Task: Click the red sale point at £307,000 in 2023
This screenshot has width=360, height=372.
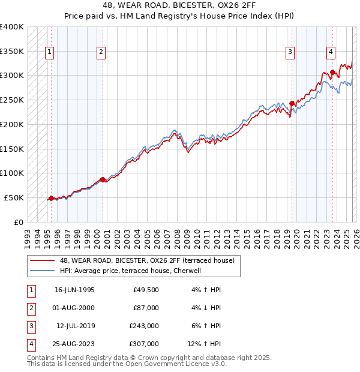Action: [332, 72]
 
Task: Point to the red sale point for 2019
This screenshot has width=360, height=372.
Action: [292, 103]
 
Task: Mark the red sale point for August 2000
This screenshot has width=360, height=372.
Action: [103, 179]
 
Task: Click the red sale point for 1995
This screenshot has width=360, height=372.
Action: [51, 197]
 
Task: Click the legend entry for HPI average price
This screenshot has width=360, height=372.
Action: [133, 271]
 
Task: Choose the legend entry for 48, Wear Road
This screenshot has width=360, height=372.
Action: [150, 260]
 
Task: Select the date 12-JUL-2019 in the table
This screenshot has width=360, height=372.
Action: [74, 326]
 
